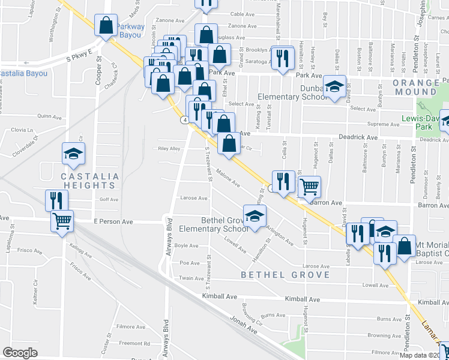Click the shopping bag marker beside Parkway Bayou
point(106,26)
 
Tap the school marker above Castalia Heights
point(73,154)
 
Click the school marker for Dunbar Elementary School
point(334,86)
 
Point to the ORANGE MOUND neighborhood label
point(417,87)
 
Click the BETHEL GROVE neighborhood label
point(286,275)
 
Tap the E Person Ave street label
point(113,221)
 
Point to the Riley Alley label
point(169,149)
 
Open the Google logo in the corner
point(20,353)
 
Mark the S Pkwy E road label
point(79,55)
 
